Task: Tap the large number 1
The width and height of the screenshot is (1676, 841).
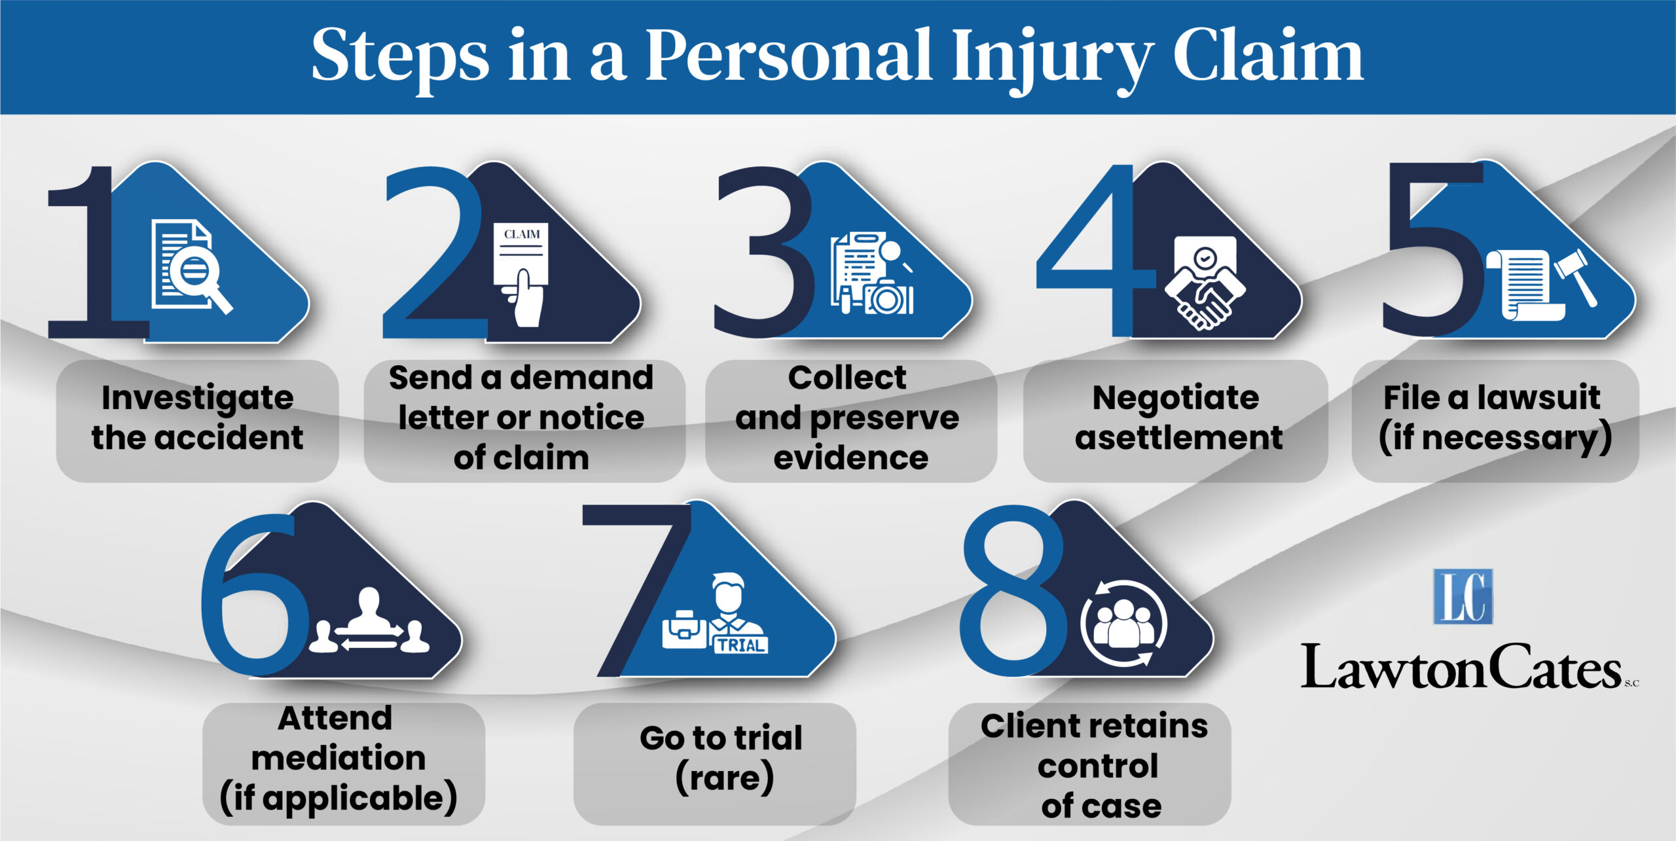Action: (x=98, y=253)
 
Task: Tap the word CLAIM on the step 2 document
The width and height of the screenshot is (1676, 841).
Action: (x=522, y=234)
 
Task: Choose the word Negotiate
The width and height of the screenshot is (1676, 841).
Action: (x=1176, y=398)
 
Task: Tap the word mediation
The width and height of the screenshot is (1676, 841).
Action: (x=338, y=758)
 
